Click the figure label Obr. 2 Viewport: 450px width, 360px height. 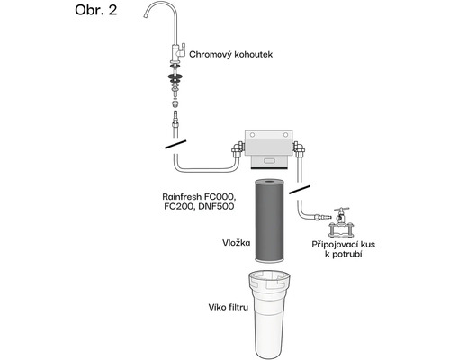tap(96, 10)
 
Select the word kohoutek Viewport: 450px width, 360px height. tap(254, 54)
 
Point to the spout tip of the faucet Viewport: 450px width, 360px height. tap(146, 15)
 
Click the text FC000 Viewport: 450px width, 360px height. tap(219, 197)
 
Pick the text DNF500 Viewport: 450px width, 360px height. tap(216, 207)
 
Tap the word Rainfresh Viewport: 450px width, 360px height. tap(182, 197)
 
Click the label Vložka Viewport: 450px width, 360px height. tap(236, 243)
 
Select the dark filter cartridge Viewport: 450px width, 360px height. tap(269, 220)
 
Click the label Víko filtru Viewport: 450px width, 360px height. tap(229, 307)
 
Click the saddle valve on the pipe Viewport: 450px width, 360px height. tap(342, 223)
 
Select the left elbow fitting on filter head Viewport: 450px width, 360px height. tap(237, 149)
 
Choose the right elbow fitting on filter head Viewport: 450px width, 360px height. tap(299, 149)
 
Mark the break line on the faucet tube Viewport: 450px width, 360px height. tap(175, 144)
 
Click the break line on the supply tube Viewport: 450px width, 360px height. tap(300, 190)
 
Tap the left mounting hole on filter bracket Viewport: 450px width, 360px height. tap(252, 135)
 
